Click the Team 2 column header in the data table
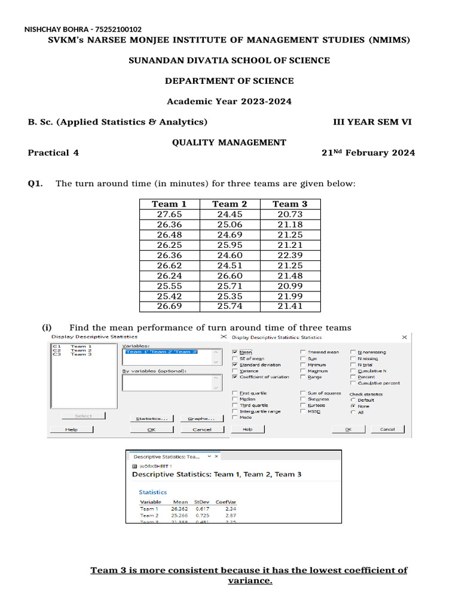coord(229,204)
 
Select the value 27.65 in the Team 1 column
coord(169,214)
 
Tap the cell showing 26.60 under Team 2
coord(229,275)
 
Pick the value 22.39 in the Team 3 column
coord(290,255)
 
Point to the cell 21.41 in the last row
coord(290,306)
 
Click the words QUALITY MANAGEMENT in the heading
coord(229,142)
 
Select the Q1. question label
coord(35,183)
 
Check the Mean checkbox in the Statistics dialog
coord(235,353)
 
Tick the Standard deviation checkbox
coord(235,365)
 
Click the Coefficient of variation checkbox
coord(235,377)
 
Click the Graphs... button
coord(201,419)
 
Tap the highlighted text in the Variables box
coord(160,352)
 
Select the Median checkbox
coord(235,399)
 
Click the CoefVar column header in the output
coord(225,502)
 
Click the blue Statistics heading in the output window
coord(153,492)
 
